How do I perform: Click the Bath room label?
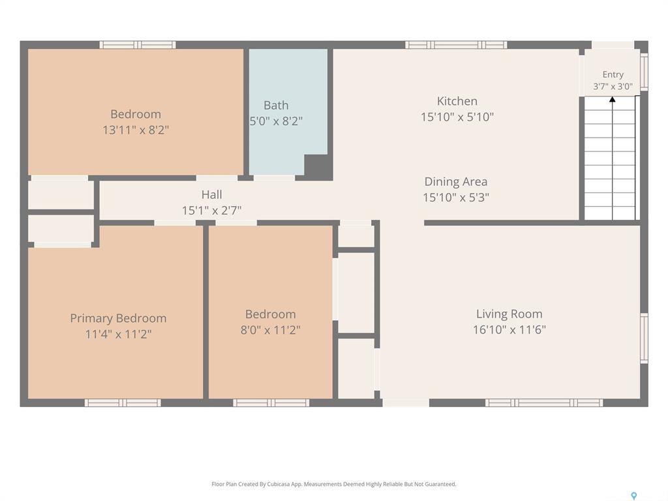(x=276, y=105)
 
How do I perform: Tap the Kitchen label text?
(x=457, y=101)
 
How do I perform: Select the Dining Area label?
(x=456, y=182)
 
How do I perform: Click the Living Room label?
(x=509, y=314)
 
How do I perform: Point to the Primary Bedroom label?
(x=118, y=318)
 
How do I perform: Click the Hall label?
(x=212, y=194)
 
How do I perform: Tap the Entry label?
(x=613, y=74)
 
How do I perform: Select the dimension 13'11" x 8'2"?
(x=136, y=130)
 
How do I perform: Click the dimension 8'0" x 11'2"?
(x=271, y=329)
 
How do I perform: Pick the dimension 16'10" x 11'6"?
(x=509, y=329)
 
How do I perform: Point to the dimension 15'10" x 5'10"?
(x=457, y=117)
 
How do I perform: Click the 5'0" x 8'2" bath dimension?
(x=276, y=121)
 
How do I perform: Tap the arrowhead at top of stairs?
(x=612, y=100)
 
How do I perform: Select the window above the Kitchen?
(x=456, y=45)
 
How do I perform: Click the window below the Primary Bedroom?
(x=123, y=402)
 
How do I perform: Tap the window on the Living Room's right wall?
(x=644, y=339)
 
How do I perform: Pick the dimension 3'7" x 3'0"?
(x=613, y=87)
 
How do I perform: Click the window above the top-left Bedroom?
(x=138, y=45)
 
